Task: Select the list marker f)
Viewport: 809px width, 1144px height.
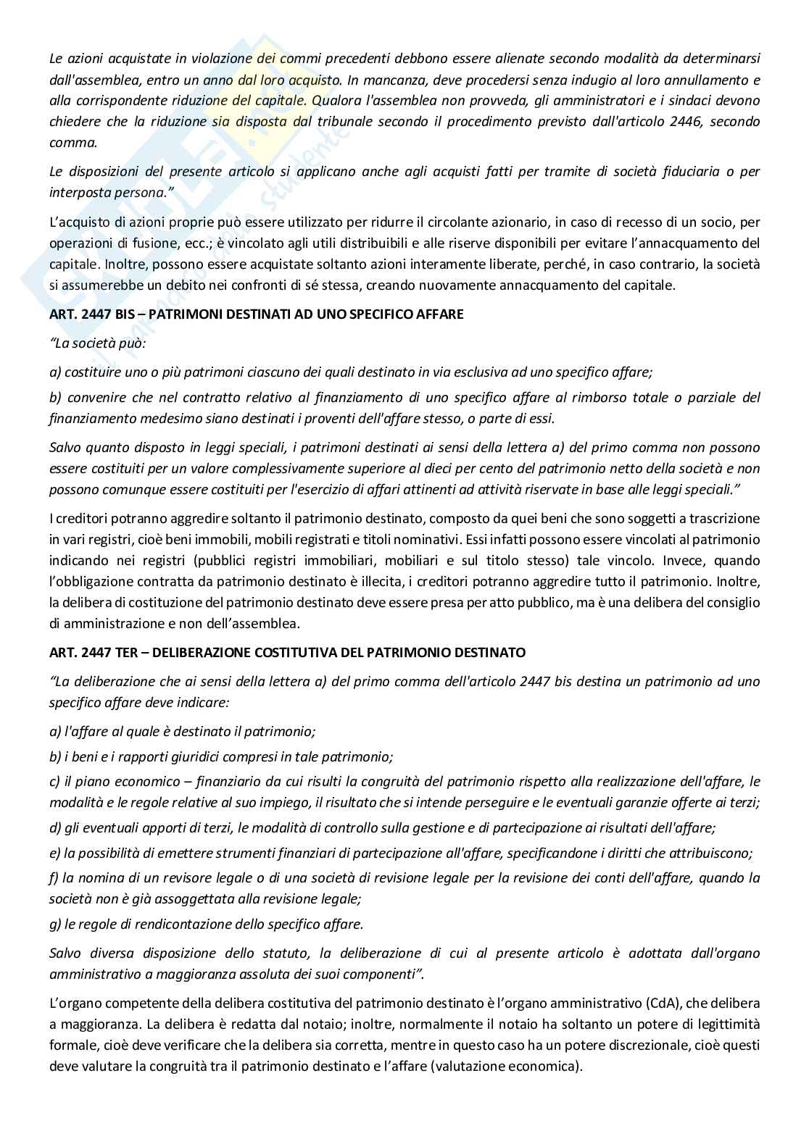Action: pyautogui.click(x=54, y=878)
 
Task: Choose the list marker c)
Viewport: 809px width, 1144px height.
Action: pyautogui.click(x=54, y=782)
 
